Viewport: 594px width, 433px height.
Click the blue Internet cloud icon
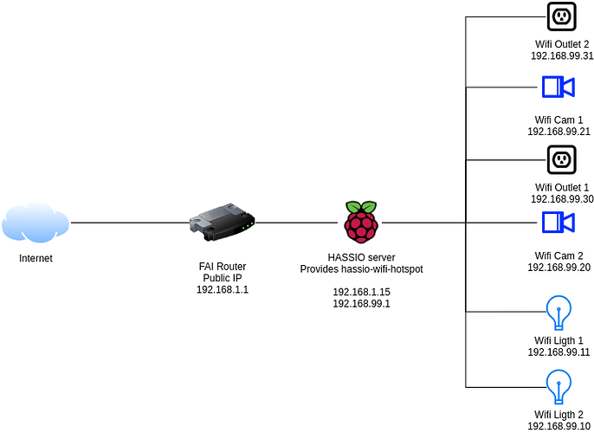[35, 223]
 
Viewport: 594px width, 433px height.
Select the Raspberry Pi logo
[361, 222]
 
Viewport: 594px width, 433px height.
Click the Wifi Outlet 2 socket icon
[561, 16]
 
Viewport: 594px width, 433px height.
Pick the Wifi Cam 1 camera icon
[558, 87]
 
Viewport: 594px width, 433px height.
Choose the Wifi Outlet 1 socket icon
[561, 160]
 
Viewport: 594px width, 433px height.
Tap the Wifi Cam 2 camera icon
[558, 223]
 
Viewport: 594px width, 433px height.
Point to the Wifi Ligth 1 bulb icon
[558, 312]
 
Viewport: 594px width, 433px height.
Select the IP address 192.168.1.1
[223, 290]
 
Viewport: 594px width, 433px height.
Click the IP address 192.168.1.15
[361, 292]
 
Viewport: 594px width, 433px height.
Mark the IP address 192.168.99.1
[361, 304]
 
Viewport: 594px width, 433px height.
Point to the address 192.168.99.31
[561, 55]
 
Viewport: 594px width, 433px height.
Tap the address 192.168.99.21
[558, 132]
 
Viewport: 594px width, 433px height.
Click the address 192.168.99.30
[561, 198]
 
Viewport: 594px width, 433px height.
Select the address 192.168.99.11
[558, 352]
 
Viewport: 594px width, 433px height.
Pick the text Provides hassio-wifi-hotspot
[361, 270]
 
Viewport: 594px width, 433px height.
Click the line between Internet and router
[130, 223]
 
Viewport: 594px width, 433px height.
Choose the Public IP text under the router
[223, 278]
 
